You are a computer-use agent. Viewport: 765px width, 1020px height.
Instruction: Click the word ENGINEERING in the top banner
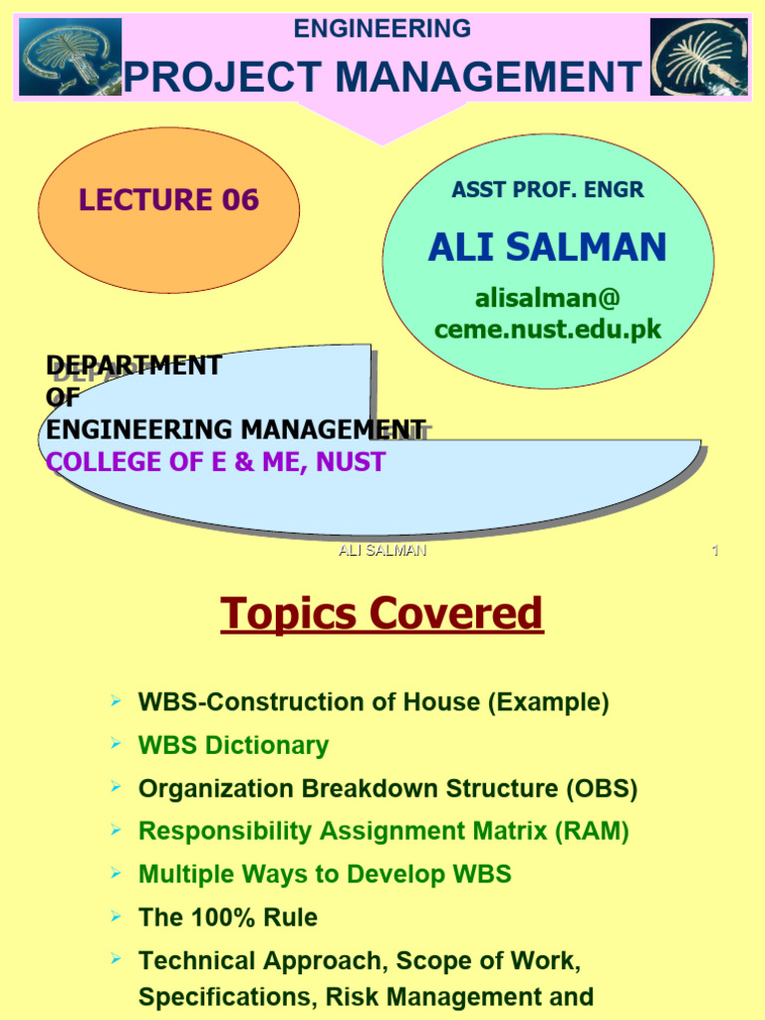(382, 29)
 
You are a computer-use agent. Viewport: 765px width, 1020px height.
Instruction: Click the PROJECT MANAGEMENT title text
(382, 77)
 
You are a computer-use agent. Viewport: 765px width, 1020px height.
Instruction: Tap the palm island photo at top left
(70, 57)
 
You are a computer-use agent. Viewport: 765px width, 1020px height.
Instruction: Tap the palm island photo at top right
(698, 57)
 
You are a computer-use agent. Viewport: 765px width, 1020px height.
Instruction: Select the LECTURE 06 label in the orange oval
(168, 200)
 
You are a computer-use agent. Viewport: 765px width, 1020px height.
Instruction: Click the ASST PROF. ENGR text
(547, 190)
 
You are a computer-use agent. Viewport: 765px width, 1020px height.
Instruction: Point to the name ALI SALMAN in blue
(547, 247)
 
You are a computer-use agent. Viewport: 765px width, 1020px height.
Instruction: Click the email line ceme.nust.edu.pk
(547, 330)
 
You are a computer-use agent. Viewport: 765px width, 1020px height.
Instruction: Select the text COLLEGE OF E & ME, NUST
(215, 462)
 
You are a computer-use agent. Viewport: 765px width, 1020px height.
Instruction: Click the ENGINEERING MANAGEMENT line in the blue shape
(236, 429)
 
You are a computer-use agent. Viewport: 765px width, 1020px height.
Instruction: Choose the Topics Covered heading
(382, 614)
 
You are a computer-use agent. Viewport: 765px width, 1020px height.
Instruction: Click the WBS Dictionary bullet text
(233, 745)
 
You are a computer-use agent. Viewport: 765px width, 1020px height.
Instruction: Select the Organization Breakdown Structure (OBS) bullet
(387, 789)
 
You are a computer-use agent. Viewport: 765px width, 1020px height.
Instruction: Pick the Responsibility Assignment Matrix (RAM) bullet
(383, 831)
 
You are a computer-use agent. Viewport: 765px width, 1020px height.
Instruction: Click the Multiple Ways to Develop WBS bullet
(325, 875)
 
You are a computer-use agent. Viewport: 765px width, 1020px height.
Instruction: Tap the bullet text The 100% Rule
(228, 917)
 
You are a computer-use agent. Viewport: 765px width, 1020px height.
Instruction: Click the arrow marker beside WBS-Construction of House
(117, 701)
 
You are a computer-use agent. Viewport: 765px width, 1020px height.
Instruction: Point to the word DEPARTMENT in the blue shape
(133, 366)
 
